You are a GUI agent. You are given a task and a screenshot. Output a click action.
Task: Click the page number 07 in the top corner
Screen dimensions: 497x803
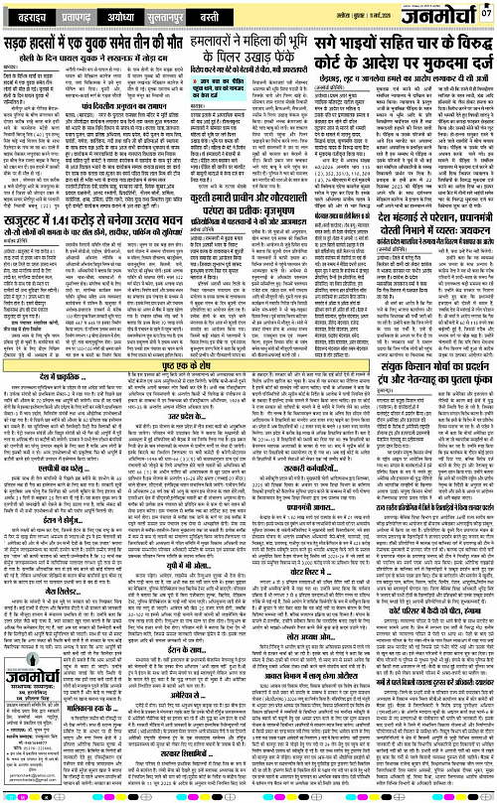485,14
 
